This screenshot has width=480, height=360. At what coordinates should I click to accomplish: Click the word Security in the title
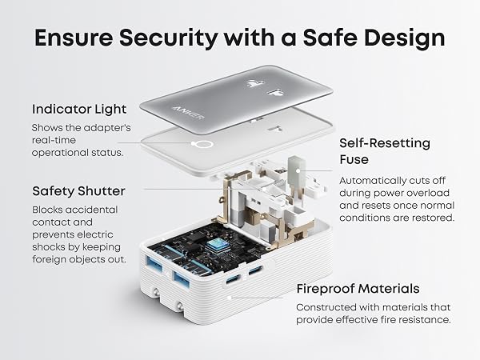point(168,38)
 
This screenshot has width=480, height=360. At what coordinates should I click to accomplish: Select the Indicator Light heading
point(79,110)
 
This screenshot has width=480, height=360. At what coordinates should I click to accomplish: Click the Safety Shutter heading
point(78,191)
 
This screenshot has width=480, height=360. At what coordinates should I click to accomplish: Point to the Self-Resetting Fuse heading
point(385,151)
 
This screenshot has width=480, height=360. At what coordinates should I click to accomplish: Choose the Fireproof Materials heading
point(358,289)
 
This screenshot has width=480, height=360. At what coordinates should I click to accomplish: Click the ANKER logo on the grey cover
point(188,114)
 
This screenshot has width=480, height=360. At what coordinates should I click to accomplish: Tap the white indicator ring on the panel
point(202,144)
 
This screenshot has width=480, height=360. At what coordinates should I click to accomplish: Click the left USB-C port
point(233,279)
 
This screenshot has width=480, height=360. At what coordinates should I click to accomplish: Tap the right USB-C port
point(255,270)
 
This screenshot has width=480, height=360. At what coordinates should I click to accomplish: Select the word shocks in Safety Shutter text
point(49,246)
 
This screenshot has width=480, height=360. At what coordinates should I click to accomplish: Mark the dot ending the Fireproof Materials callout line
point(229,298)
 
